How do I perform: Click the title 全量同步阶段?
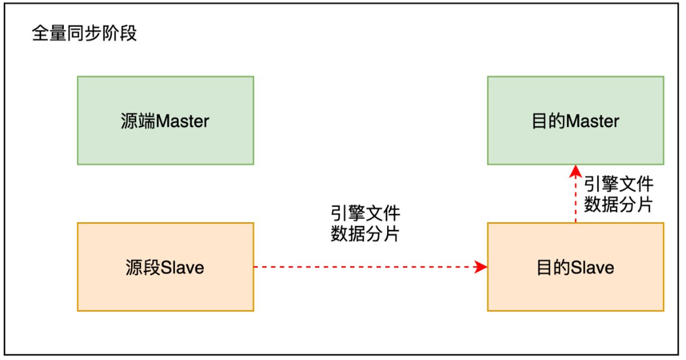coord(85,34)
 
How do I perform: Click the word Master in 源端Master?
coord(183,121)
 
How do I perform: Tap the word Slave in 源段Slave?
coord(183,267)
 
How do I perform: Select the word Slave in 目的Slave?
coord(593,267)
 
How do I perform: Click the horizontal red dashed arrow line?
coord(364,267)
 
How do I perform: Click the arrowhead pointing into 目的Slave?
coord(482,267)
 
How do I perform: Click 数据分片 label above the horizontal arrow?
coord(365,234)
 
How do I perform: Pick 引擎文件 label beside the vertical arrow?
coord(618,184)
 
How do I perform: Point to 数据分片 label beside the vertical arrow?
coord(618,205)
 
